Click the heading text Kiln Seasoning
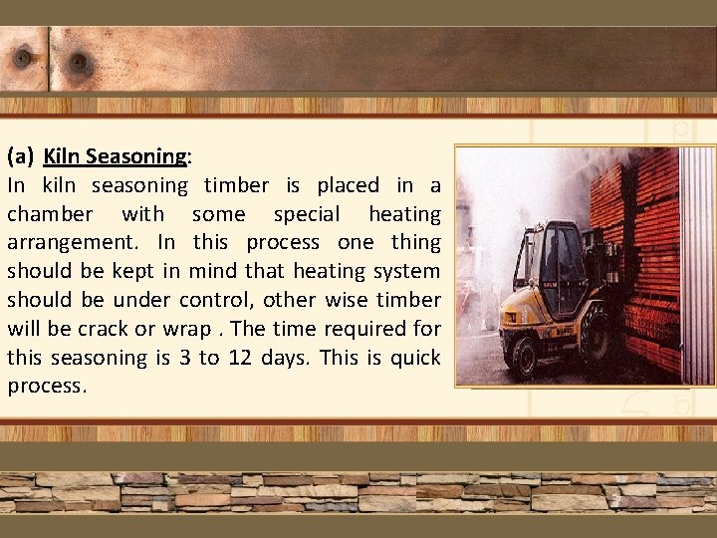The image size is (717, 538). click(116, 156)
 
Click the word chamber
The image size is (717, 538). click(51, 214)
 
